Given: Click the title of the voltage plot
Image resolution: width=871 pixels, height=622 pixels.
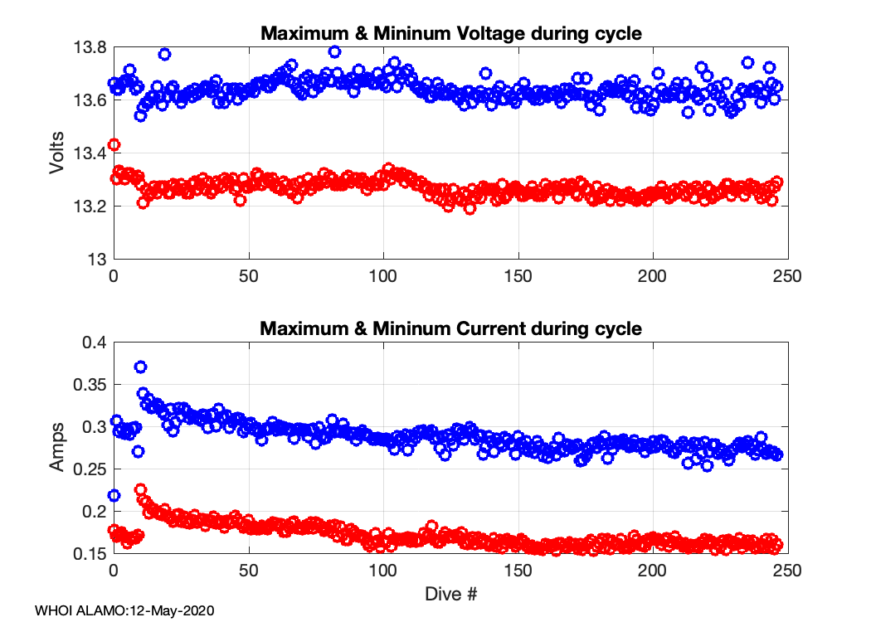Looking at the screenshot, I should pyautogui.click(x=451, y=33).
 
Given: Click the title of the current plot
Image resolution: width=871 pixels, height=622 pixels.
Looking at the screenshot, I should pyautogui.click(x=451, y=328).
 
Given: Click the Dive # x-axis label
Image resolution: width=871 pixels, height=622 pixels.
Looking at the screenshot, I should pyautogui.click(x=451, y=594).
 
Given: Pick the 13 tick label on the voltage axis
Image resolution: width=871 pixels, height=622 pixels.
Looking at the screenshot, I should pyautogui.click(x=99, y=259).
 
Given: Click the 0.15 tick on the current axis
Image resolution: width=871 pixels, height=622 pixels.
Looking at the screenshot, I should pyautogui.click(x=90, y=553).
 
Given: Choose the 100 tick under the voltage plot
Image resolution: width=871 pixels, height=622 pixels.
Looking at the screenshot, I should pyautogui.click(x=383, y=276).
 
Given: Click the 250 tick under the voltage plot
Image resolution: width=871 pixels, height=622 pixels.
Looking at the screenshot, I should pyautogui.click(x=787, y=276).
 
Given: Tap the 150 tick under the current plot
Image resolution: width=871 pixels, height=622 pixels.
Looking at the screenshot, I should pyautogui.click(x=518, y=571).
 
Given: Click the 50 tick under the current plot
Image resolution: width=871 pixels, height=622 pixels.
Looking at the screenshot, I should pyautogui.click(x=249, y=571).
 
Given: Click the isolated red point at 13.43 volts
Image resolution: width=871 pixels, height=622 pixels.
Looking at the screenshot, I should pyautogui.click(x=114, y=144).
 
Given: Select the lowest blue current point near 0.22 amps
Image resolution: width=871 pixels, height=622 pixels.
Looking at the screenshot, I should pyautogui.click(x=114, y=495).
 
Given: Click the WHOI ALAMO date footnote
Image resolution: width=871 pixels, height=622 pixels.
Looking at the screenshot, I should pyautogui.click(x=125, y=610).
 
